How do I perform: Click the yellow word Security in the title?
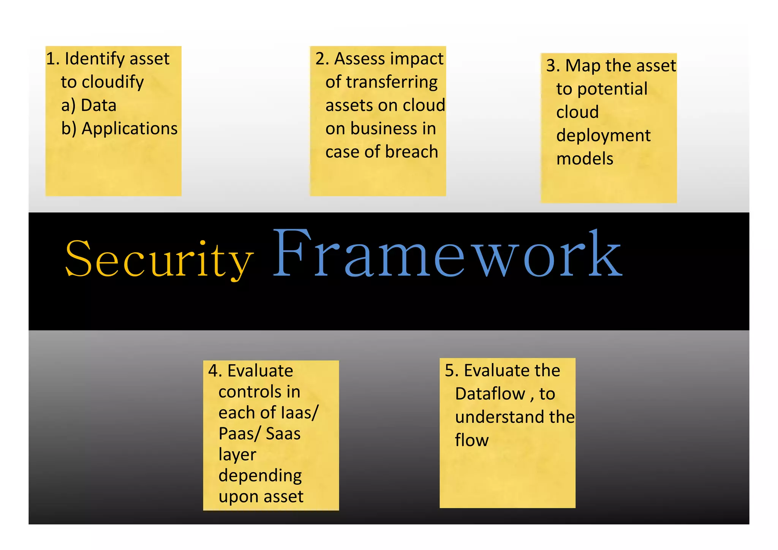point(160,259)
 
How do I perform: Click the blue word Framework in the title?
point(448,254)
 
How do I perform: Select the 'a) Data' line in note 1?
point(89,105)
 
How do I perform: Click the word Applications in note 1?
point(130,128)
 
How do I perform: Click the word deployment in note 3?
point(603,136)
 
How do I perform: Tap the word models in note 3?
point(585,159)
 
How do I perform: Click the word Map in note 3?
point(583,66)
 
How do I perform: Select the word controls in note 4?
point(259,392)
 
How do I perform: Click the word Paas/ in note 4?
point(239,434)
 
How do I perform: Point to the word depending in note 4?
point(260,476)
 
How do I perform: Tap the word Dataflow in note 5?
point(490,394)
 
